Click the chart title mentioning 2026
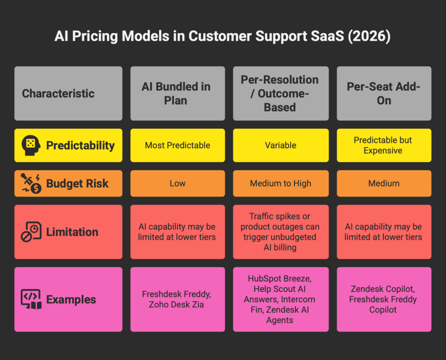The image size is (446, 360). point(223,36)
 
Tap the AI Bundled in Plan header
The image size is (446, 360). point(178,93)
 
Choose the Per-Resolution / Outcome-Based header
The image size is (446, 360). point(280,93)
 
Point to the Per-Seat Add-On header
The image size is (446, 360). point(384,93)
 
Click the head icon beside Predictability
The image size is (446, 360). point(31,145)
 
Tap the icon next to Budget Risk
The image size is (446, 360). point(31,183)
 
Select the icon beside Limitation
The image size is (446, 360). point(31,232)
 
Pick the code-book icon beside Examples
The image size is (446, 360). point(31,299)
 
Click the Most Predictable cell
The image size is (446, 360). point(178,145)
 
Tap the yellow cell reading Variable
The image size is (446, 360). point(280,145)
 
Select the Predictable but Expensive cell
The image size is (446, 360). point(384,145)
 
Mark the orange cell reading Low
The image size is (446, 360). point(178,183)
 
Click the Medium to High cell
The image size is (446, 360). point(280,183)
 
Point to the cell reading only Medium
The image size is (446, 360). point(384,183)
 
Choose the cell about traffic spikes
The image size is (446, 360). point(280,232)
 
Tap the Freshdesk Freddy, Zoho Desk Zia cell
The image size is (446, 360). point(178,299)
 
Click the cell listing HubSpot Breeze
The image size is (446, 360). point(280,299)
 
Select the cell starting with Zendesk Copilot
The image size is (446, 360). point(384,299)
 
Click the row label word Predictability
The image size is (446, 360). point(81,146)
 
